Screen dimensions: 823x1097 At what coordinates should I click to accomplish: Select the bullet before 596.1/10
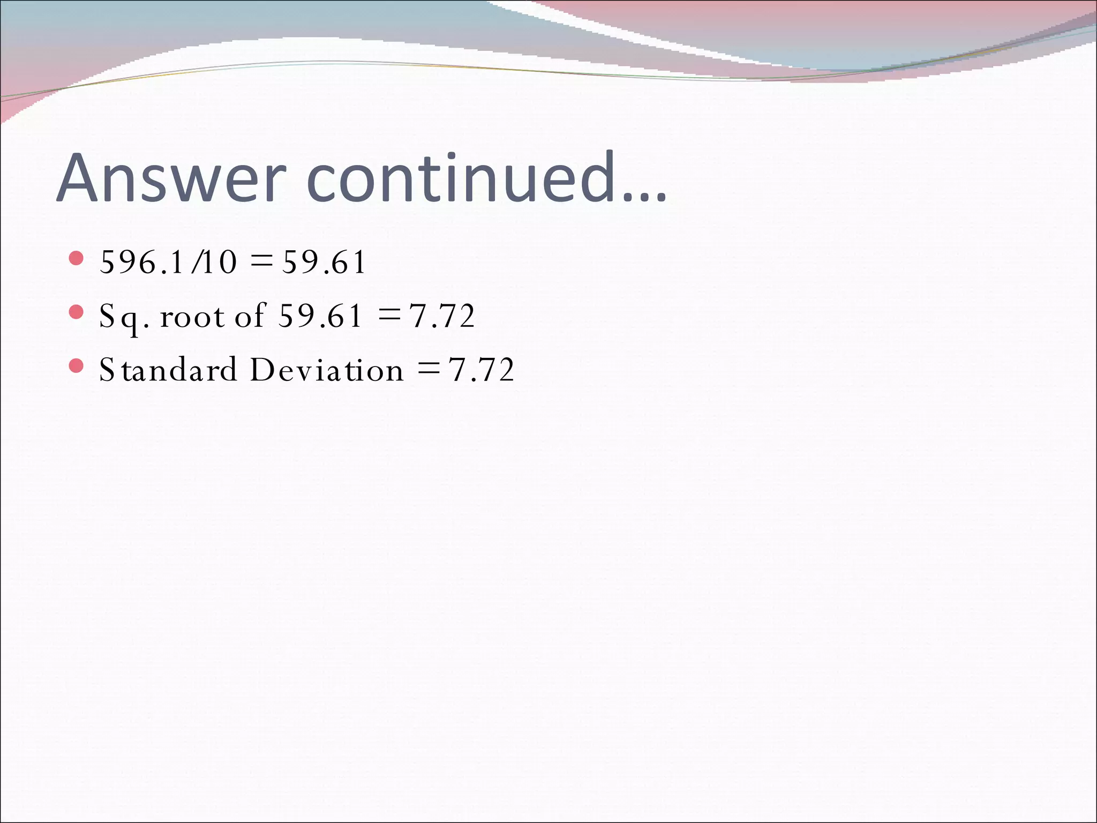click(77, 259)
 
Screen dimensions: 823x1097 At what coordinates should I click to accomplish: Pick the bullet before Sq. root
click(77, 312)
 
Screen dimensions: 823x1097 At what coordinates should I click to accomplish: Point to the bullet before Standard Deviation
click(77, 366)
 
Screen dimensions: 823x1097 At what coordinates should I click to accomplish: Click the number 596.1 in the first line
click(142, 263)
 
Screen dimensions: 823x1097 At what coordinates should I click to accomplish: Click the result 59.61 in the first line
click(324, 263)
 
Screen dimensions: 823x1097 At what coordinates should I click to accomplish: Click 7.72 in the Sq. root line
click(442, 316)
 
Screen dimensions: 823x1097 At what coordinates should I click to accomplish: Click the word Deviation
click(327, 370)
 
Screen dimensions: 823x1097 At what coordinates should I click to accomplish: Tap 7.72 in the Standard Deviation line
click(482, 370)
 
